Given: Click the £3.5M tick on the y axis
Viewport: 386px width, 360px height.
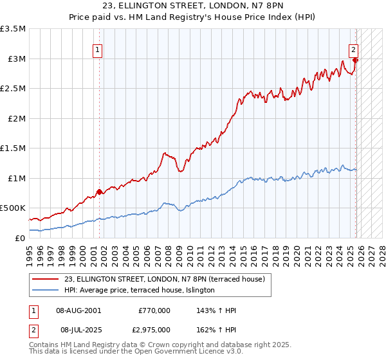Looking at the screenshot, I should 14,29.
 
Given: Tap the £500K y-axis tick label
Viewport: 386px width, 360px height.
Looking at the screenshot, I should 13,208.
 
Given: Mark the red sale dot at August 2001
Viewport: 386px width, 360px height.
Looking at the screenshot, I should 99,192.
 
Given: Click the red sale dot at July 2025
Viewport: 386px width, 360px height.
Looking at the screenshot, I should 355,60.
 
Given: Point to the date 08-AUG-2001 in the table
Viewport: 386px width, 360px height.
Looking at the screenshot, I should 78,310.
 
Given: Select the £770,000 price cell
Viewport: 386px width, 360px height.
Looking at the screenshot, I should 154,310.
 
